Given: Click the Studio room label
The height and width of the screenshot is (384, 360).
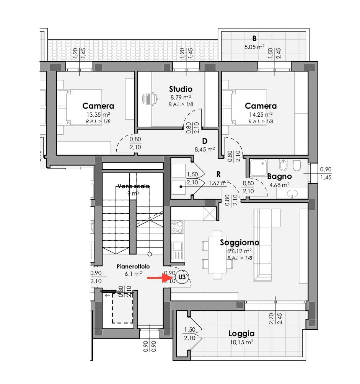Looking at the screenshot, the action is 181,89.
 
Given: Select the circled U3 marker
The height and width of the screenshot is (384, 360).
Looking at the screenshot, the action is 182,277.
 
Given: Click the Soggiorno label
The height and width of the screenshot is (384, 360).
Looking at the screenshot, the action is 239,242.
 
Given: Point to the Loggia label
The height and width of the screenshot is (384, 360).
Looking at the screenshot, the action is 241,334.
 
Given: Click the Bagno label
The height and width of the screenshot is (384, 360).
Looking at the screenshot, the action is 279,176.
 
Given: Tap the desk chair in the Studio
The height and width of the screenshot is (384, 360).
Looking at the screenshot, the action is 150,99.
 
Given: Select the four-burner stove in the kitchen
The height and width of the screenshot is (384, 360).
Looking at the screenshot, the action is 177,227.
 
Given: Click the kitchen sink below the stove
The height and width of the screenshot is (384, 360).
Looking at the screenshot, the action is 177,251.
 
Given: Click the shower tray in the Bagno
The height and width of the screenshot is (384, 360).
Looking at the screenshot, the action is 259,168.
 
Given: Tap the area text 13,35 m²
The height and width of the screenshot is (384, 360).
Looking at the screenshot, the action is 98,114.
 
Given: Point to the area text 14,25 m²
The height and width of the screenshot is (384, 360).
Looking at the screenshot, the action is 261,114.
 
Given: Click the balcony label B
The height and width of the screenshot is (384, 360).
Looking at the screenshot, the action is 254,39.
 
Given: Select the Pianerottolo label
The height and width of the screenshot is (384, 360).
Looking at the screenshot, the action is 133,267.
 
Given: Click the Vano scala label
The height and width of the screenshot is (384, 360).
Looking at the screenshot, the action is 133,186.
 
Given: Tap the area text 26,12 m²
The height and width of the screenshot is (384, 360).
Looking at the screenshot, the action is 240,251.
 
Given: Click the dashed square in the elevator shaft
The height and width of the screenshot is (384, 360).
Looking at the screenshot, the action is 123,308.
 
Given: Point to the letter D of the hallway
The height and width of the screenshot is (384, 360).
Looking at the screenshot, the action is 205,141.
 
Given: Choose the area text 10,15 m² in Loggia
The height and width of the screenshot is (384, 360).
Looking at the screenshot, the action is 241,342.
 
